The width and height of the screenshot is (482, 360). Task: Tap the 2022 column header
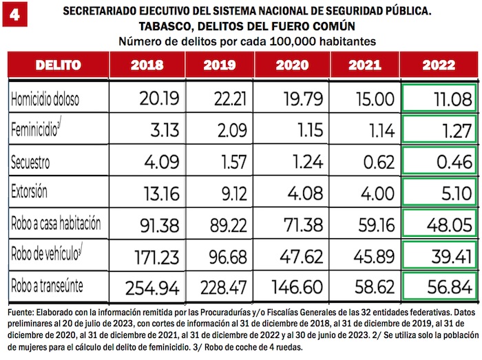pyautogui.click(x=439, y=66)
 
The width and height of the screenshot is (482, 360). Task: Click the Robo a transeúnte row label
pyautogui.click(x=50, y=284)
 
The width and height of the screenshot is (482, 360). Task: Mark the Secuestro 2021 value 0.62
pyautogui.click(x=376, y=162)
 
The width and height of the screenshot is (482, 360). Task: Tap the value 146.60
pyautogui.click(x=297, y=286)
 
